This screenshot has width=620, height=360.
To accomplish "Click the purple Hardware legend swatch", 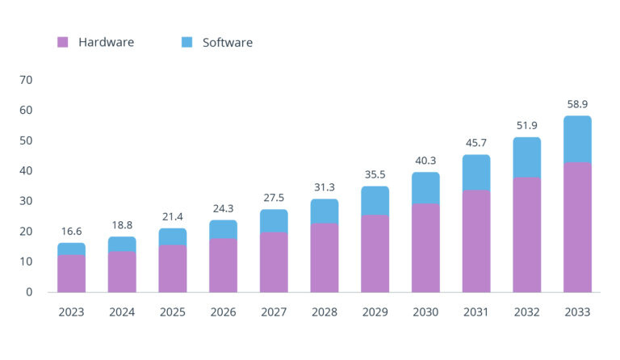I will click(x=62, y=42).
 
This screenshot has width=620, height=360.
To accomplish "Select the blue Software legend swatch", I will click(x=187, y=42).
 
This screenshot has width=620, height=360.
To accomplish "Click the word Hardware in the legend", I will click(x=106, y=42).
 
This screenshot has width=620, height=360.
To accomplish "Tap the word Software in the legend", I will click(x=227, y=42).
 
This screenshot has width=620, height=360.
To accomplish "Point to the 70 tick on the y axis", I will click(x=26, y=80).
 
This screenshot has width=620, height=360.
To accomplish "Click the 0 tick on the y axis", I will click(x=29, y=292).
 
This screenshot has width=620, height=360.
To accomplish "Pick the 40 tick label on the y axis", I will click(x=26, y=171).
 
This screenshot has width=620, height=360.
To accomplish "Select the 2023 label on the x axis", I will click(x=71, y=312).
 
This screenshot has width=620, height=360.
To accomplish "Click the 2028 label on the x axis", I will click(x=325, y=312).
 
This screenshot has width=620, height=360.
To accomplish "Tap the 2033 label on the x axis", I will click(x=577, y=312).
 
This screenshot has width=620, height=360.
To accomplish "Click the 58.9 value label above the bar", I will click(x=577, y=104).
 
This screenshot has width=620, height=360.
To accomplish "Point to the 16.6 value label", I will click(x=71, y=231).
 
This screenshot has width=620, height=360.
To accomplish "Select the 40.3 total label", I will click(x=425, y=160).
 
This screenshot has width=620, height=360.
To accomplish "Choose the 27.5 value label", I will click(x=274, y=198).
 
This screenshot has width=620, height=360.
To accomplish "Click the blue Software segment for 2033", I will click(x=577, y=140).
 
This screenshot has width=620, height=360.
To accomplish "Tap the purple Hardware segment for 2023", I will click(x=71, y=274).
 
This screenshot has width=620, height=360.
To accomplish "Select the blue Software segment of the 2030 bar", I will click(x=425, y=188).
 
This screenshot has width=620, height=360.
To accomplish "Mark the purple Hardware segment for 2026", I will click(x=223, y=266).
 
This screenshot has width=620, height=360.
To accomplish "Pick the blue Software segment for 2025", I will click(x=172, y=237).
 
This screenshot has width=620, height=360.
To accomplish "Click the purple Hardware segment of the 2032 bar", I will click(x=526, y=235).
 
